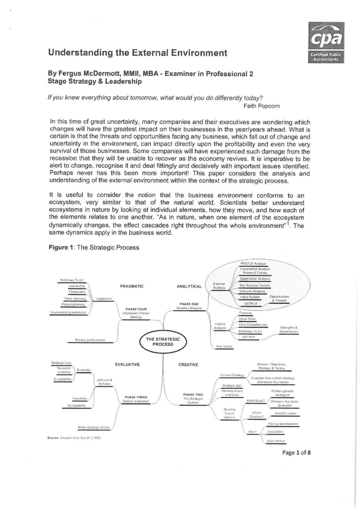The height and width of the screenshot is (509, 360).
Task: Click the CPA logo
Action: click(326, 43)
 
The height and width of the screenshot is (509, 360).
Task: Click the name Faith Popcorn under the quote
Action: click(261, 106)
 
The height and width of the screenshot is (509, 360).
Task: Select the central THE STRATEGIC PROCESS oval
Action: click(163, 342)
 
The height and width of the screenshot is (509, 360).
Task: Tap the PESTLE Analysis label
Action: click(253, 264)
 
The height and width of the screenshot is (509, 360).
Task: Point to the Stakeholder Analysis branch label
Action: click(255, 279)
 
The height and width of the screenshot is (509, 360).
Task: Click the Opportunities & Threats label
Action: click(279, 298)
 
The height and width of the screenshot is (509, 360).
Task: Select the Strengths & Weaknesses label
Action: click(288, 329)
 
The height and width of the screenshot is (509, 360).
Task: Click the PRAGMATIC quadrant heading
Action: click(132, 286)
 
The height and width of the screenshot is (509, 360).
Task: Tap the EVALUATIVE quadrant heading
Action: click(127, 364)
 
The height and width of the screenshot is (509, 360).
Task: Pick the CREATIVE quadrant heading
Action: click(188, 365)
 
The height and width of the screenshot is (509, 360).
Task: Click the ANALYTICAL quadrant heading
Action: click(189, 286)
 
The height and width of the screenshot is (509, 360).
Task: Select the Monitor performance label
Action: click(90, 340)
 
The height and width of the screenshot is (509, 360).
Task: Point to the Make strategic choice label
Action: click(94, 427)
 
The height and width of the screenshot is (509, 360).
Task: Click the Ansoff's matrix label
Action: click(285, 413)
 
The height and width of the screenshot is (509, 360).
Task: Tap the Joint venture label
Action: click(276, 441)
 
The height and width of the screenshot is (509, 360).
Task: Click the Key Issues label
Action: click(224, 346)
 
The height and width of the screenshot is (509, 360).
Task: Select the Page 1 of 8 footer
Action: click(296, 453)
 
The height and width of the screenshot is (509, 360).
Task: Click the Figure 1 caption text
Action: click(94, 247)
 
